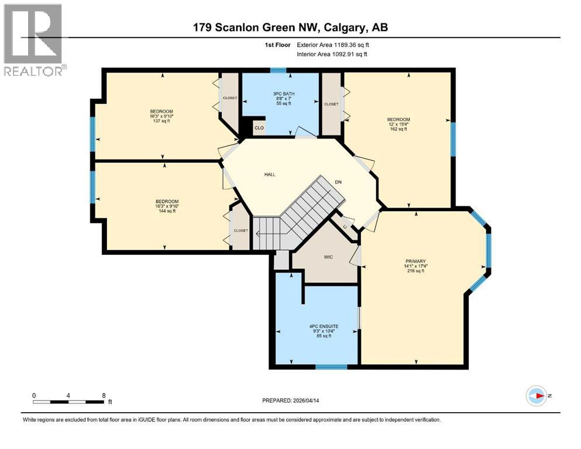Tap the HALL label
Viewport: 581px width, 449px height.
tap(269, 174)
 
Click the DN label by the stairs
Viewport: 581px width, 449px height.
tap(338, 182)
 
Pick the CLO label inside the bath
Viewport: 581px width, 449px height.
tap(258, 126)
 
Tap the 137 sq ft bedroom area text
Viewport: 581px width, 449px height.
tap(161, 120)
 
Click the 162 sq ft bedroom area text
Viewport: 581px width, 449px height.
tap(398, 129)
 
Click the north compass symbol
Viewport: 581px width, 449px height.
tap(536, 396)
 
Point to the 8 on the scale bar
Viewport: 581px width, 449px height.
tap(104, 395)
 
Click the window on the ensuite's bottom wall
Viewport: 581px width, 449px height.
tap(331, 367)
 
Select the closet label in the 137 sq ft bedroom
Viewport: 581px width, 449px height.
tap(230, 98)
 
